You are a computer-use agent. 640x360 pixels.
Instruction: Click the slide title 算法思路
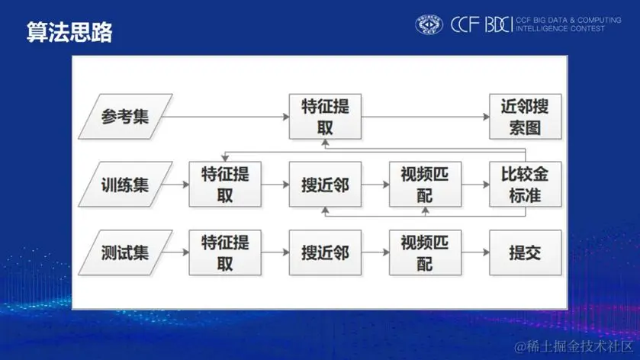pyautogui.click(x=69, y=31)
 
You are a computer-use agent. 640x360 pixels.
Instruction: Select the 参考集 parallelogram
pyautogui.click(x=125, y=117)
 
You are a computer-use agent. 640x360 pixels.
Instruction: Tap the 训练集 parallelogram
pyautogui.click(x=125, y=185)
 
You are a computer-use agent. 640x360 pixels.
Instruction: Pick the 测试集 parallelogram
pyautogui.click(x=125, y=252)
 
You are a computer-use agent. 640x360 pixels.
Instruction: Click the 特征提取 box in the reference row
pyautogui.click(x=326, y=117)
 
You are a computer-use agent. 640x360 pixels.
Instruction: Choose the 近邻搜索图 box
pyautogui.click(x=525, y=117)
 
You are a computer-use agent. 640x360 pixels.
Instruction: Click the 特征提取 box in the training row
pyautogui.click(x=225, y=185)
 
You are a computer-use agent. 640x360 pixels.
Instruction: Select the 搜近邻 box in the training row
pyautogui.click(x=326, y=185)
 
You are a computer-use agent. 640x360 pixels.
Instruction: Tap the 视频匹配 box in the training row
pyautogui.click(x=425, y=185)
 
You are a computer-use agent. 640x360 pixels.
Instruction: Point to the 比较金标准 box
pyautogui.click(x=525, y=185)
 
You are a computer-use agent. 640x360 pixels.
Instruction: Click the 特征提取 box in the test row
pyautogui.click(x=225, y=252)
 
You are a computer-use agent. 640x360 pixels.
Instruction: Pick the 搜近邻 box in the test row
pyautogui.click(x=326, y=252)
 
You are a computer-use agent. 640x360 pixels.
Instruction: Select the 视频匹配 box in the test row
pyautogui.click(x=425, y=252)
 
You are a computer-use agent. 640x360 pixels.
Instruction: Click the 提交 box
pyautogui.click(x=525, y=252)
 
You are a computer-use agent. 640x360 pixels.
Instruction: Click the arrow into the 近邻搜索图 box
pyautogui.click(x=425, y=117)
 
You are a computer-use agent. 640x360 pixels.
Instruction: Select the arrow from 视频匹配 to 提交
pyautogui.click(x=474, y=252)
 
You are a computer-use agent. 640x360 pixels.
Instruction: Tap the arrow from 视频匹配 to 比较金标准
pyautogui.click(x=474, y=185)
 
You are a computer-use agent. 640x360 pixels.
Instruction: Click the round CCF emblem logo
pyautogui.click(x=429, y=25)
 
